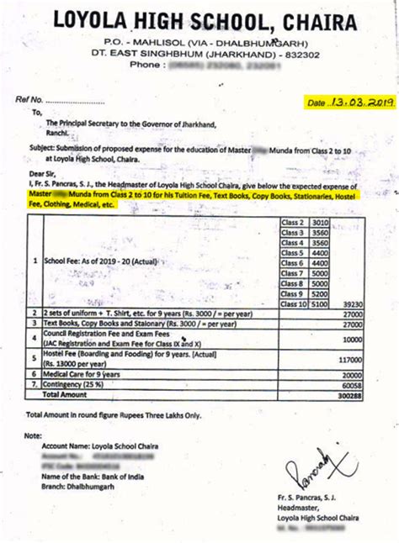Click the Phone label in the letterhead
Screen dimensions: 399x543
[146, 64]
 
